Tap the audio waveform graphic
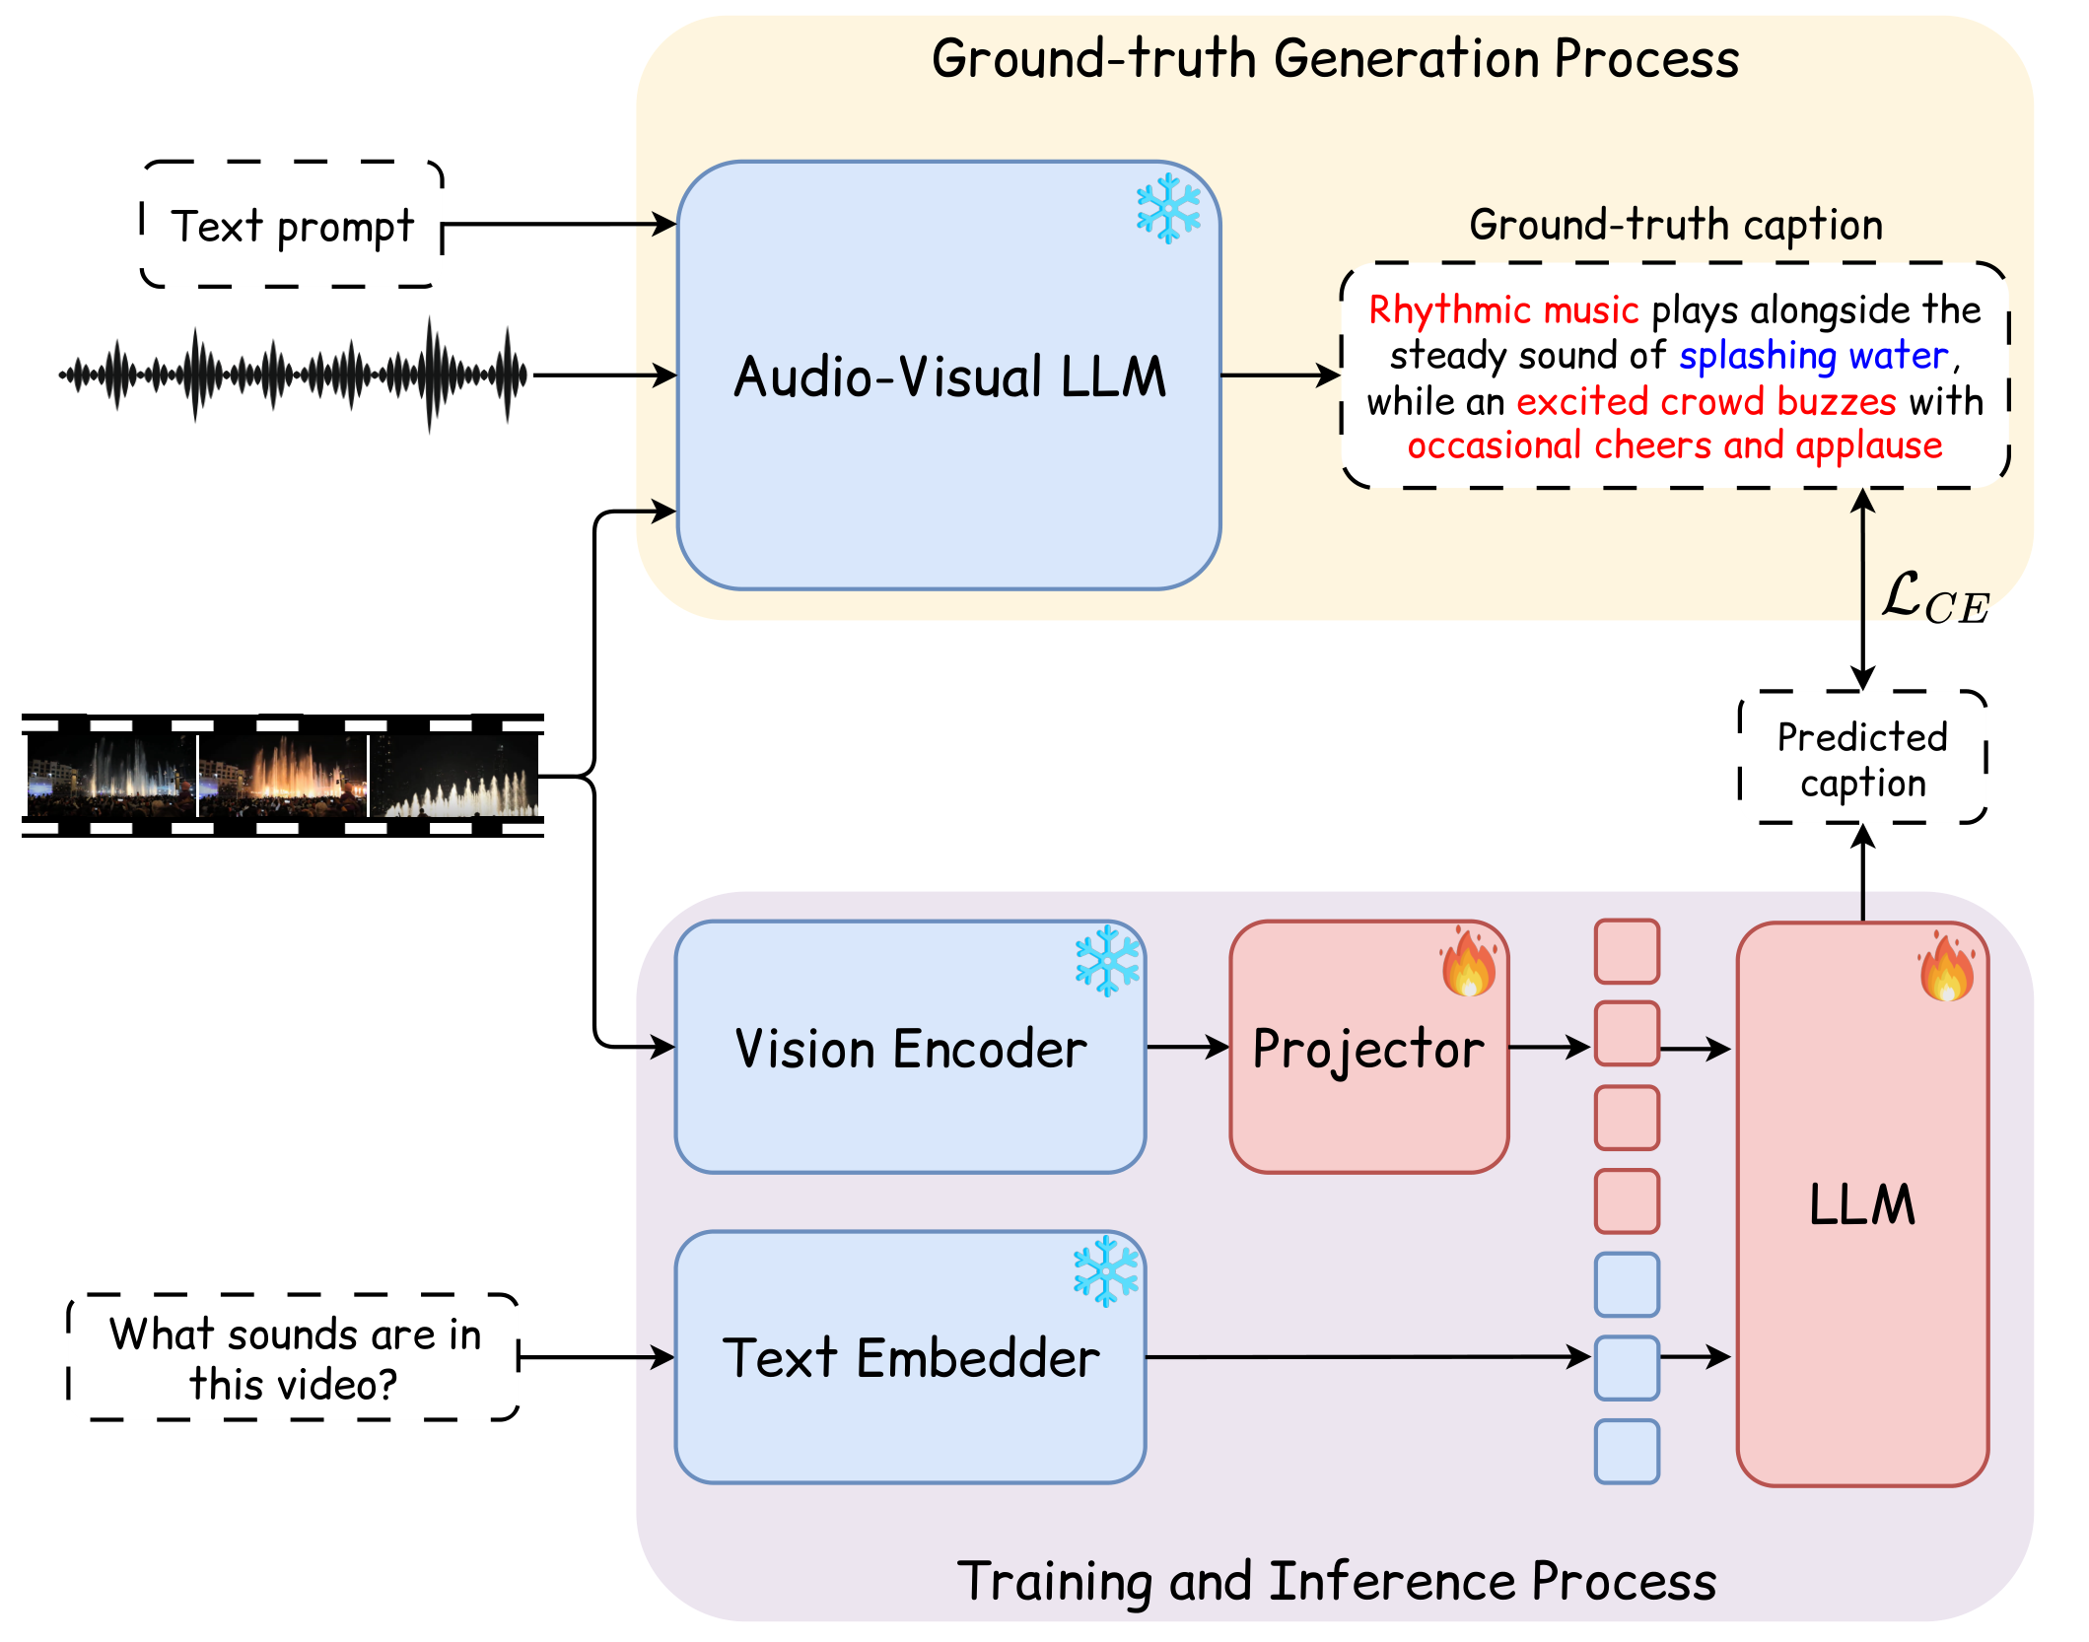(294, 375)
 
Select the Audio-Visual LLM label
(949, 376)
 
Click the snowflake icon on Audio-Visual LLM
(1168, 209)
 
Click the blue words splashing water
(1814, 356)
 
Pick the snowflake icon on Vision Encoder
(1107, 960)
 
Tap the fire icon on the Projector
(1468, 961)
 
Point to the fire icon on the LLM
(1947, 966)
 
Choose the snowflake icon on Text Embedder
(1106, 1272)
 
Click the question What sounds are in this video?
(294, 1358)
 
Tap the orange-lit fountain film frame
(282, 776)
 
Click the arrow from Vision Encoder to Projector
(1188, 1047)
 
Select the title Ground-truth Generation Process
(1335, 58)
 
